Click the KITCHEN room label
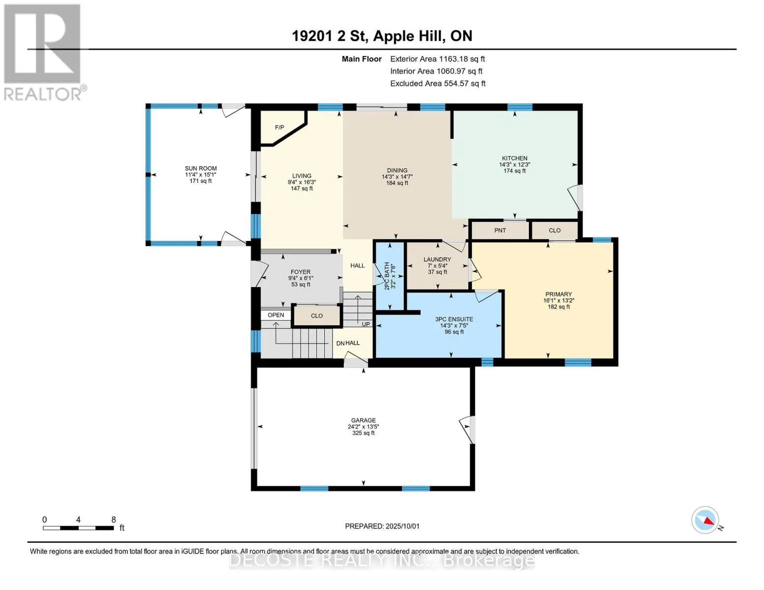pos(515,158)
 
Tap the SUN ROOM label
pos(201,168)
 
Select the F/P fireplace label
pos(279,127)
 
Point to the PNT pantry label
pos(500,231)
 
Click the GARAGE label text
pos(364,420)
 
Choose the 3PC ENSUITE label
pos(454,320)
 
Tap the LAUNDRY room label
pos(437,259)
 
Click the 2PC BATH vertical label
pos(387,276)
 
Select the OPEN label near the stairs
pos(275,315)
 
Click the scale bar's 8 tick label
pos(113,519)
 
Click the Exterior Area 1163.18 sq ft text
pos(437,59)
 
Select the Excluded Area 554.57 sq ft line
pos(438,84)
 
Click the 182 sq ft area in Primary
pos(559,307)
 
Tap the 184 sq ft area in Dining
pos(397,183)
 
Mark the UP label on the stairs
pos(366,324)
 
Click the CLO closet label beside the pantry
pos(555,231)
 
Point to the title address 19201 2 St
pos(330,36)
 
